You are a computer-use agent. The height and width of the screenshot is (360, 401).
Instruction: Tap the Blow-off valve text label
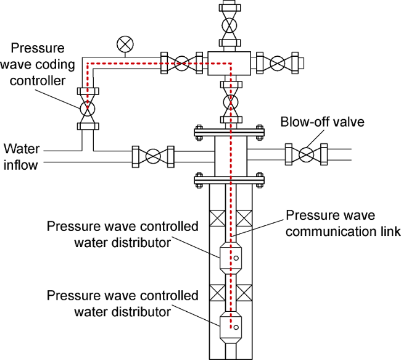click(x=322, y=122)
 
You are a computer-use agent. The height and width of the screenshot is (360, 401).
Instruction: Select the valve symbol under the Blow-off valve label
click(x=306, y=154)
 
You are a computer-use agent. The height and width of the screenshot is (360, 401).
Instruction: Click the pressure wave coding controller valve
click(x=86, y=109)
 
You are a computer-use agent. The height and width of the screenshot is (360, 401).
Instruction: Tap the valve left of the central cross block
click(x=182, y=62)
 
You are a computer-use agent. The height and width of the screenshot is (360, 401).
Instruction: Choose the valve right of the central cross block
click(x=278, y=62)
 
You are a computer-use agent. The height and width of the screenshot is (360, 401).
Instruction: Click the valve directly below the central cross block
click(x=230, y=101)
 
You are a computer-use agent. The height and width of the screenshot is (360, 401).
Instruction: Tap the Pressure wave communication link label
click(x=343, y=224)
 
